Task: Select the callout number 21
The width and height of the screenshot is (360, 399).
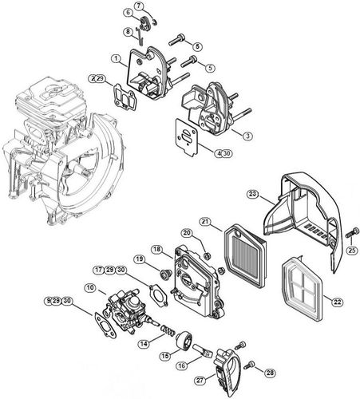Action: (205, 221)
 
